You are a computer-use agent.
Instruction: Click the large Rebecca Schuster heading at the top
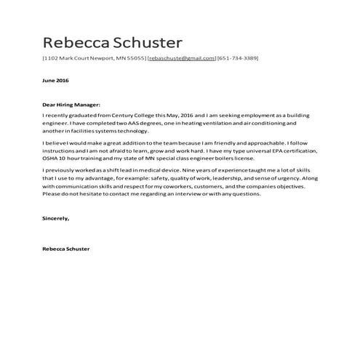pos(112,41)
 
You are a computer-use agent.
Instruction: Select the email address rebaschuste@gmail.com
pos(181,58)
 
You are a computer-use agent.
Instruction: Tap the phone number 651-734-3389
pos(239,58)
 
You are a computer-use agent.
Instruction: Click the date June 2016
pos(55,81)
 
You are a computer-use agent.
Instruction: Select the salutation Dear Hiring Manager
pos(71,105)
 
